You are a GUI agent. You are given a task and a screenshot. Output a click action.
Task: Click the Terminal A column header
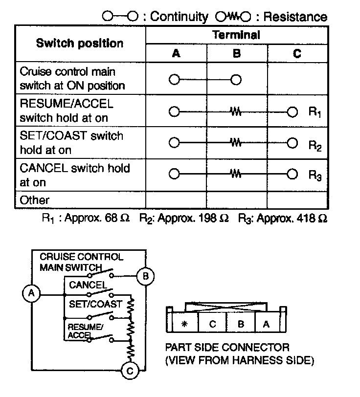[x=176, y=53]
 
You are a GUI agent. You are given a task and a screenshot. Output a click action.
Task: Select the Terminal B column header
[x=237, y=53]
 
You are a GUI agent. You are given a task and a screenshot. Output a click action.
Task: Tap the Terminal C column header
[x=297, y=53]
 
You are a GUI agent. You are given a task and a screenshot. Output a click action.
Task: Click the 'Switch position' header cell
[x=80, y=43]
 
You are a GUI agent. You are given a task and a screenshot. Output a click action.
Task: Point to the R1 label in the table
[x=315, y=112]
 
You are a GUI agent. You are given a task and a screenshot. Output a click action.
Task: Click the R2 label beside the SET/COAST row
[x=315, y=144]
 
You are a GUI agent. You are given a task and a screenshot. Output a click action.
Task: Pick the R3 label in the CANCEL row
[x=315, y=176]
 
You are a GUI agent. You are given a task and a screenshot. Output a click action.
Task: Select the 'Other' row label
[x=35, y=200]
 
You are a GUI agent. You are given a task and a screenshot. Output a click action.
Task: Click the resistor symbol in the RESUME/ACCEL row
[x=236, y=112]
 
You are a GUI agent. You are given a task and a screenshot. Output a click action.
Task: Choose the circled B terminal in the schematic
[x=145, y=277]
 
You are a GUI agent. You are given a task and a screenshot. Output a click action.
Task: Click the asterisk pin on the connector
[x=184, y=324]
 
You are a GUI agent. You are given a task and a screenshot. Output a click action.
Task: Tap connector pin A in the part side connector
[x=266, y=324]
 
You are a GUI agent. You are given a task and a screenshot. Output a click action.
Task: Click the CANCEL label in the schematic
[x=88, y=285]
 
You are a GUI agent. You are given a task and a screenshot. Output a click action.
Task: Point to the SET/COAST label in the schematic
[x=95, y=304]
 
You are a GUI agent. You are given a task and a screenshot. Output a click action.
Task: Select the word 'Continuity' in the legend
[x=179, y=17]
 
